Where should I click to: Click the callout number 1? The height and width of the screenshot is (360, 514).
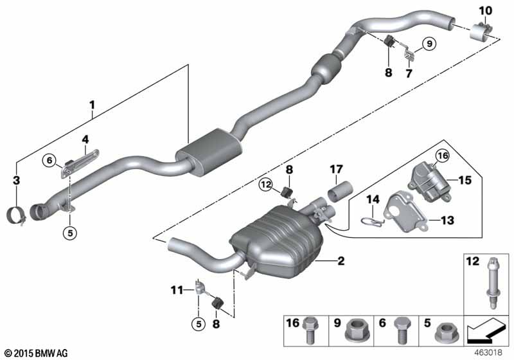(x=92, y=104)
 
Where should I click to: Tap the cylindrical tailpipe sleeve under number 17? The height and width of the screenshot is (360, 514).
(x=340, y=194)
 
